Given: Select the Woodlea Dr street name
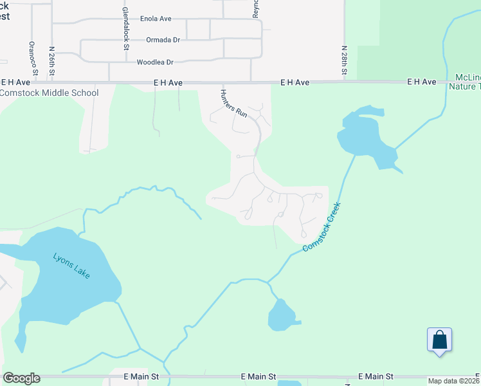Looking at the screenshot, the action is [156, 62].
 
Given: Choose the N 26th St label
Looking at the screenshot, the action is [51, 60].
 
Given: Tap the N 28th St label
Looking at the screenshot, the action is [345, 60].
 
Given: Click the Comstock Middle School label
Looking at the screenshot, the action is [50, 93].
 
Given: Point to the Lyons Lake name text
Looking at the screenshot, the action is [71, 264].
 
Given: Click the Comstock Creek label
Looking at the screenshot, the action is [320, 227].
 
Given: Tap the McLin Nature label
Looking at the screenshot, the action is [464, 82].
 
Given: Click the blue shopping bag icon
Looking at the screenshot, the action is [439, 340].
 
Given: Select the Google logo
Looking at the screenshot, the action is [21, 378].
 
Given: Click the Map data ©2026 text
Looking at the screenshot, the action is [453, 381].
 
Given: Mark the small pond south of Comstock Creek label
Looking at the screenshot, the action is [280, 317].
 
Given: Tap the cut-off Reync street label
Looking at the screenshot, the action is [255, 8].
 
